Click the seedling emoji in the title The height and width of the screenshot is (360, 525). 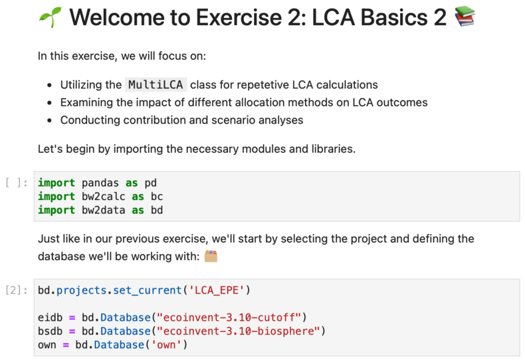(51, 17)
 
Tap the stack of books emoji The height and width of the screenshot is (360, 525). (465, 16)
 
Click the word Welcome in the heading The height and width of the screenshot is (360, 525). (118, 17)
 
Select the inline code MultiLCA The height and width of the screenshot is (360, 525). (156, 84)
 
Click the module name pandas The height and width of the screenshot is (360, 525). (100, 183)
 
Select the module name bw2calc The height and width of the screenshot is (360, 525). (104, 197)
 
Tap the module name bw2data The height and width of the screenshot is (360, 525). (104, 210)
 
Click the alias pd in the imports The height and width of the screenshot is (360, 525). (150, 183)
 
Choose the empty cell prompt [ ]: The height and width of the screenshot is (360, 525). (17, 183)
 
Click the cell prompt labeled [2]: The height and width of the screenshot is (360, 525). (17, 290)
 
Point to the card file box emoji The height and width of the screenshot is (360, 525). (211, 256)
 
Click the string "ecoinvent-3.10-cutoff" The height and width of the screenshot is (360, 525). (229, 317)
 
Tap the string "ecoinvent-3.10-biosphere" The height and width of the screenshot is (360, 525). (239, 331)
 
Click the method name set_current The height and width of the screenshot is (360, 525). (148, 290)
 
